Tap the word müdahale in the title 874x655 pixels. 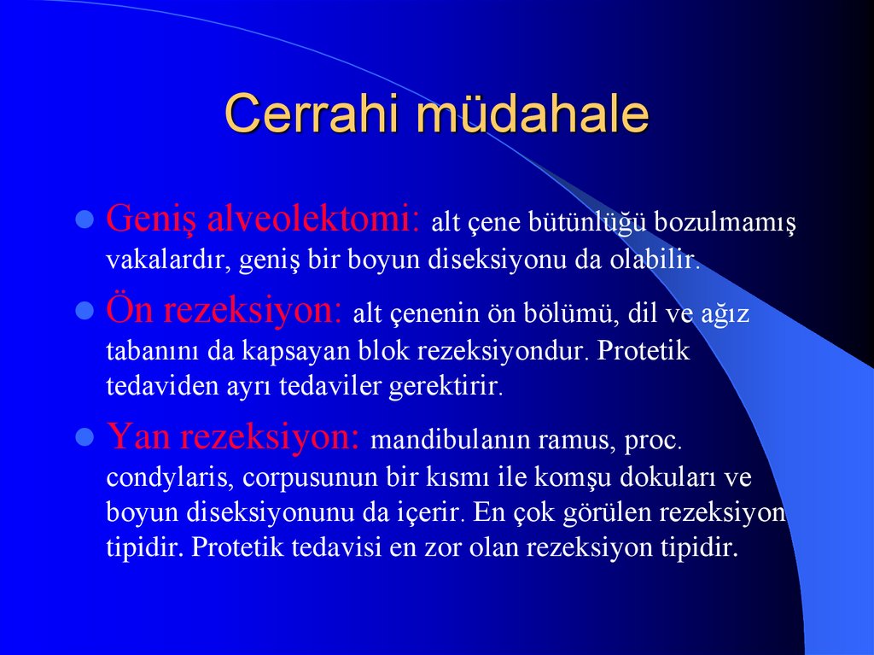(533, 114)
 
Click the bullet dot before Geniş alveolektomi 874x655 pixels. (84, 221)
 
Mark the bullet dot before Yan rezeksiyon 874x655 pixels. (84, 438)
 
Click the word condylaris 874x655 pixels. (160, 477)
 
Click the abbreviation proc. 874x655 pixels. (655, 442)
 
